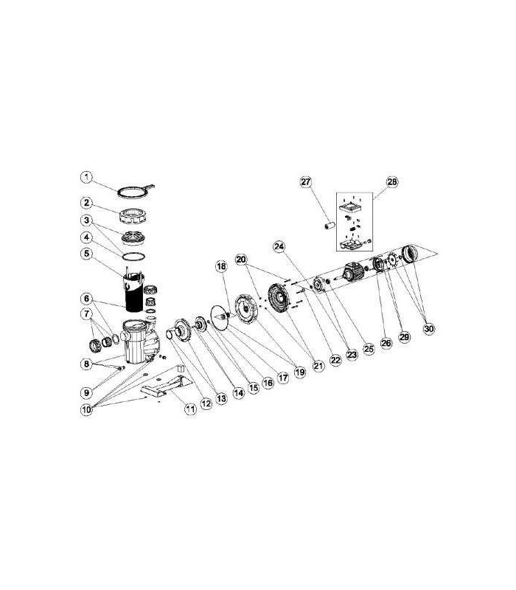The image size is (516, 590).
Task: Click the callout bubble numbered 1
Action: [x=86, y=177]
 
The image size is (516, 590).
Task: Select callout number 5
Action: [x=87, y=253]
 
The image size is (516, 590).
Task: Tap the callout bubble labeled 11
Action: [x=191, y=409]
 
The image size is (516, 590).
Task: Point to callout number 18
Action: [x=222, y=266]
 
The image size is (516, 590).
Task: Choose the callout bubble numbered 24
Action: [x=279, y=247]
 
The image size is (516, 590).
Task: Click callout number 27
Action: [x=306, y=181]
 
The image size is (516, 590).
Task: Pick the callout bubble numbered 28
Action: [x=392, y=181]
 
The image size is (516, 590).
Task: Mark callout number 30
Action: [x=429, y=329]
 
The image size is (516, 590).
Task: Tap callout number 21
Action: [x=318, y=365]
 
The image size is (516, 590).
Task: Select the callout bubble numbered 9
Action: [x=86, y=393]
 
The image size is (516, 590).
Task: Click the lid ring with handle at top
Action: [x=136, y=191]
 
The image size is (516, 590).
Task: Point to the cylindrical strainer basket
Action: [x=134, y=292]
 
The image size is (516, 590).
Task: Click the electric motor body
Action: [x=353, y=271]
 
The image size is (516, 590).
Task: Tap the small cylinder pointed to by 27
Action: [x=330, y=226]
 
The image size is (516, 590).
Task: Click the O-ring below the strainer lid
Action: [x=133, y=257]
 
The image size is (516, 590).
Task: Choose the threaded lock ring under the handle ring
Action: [x=133, y=215]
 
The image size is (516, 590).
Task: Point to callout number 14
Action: [x=238, y=393]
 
